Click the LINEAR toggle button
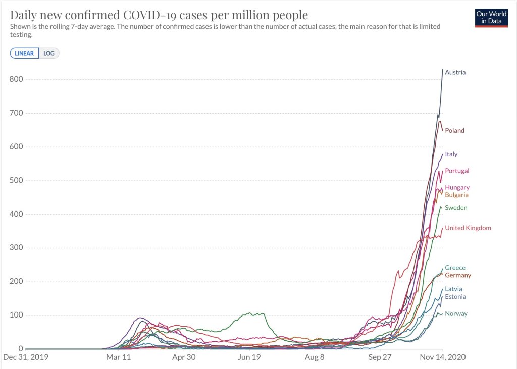24,53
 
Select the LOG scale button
49,53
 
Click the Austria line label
455,72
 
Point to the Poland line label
454,131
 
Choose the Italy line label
451,154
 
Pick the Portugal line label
457,171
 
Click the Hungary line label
457,188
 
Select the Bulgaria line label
456,195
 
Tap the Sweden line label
456,208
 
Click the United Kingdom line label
468,228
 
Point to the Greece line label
455,268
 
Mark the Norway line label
456,314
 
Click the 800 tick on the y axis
16,79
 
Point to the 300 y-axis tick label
16,248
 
